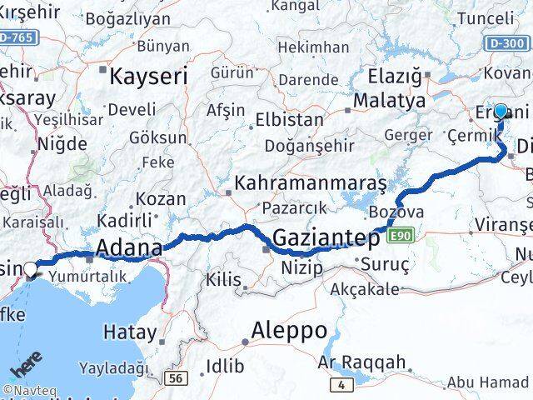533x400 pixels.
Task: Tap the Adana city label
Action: pyautogui.click(x=129, y=248)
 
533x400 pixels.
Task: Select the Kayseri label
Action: pyautogui.click(x=149, y=77)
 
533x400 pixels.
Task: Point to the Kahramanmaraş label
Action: pyautogui.click(x=311, y=182)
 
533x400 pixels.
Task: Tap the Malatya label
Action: pyautogui.click(x=389, y=101)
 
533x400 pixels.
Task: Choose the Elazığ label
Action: pyautogui.click(x=395, y=77)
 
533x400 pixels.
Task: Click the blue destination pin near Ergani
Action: pyautogui.click(x=501, y=112)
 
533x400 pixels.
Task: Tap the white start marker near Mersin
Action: pyautogui.click(x=32, y=269)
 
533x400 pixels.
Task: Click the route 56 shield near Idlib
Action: pyautogui.click(x=175, y=378)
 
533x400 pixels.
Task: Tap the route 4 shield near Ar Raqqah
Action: pyautogui.click(x=340, y=384)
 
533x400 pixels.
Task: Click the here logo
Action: pyautogui.click(x=27, y=367)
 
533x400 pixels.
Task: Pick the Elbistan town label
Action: pyautogui.click(x=289, y=119)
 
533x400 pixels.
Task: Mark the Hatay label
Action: pyautogui.click(x=129, y=332)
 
